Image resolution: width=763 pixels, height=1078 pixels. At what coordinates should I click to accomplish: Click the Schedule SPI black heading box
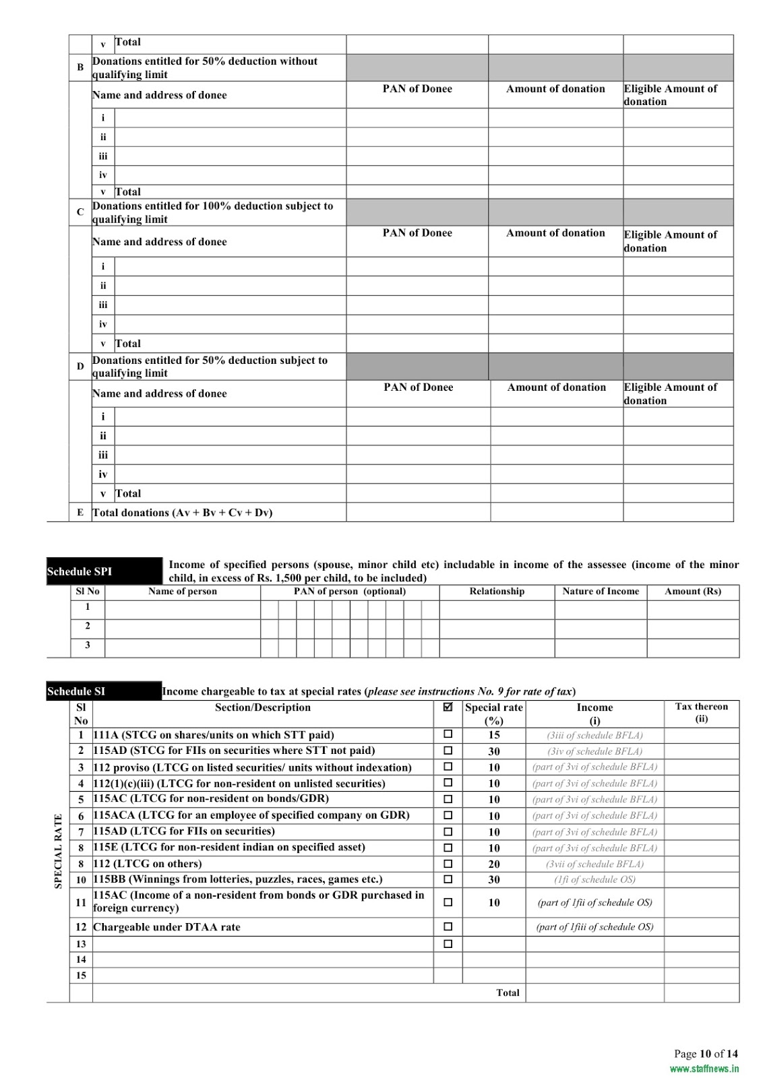point(104,571)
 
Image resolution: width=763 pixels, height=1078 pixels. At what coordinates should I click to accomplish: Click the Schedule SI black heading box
point(104,691)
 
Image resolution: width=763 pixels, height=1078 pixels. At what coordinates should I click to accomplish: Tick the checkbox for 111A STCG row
point(448,734)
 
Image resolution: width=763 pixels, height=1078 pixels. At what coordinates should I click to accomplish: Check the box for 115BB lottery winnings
point(448,879)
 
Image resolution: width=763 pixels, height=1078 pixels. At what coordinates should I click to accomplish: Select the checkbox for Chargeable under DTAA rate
point(448,926)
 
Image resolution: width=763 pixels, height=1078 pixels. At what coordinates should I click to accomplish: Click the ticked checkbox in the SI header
point(448,707)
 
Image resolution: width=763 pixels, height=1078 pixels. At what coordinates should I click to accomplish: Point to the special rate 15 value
point(494,735)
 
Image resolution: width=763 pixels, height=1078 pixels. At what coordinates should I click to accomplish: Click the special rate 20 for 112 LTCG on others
point(494,864)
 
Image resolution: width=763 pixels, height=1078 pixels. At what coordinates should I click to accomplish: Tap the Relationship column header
point(497,592)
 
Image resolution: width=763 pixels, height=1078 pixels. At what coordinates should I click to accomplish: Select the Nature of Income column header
point(601,592)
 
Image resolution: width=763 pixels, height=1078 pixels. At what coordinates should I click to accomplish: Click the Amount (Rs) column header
point(693,592)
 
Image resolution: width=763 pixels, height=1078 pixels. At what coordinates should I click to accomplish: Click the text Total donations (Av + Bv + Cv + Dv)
point(182,513)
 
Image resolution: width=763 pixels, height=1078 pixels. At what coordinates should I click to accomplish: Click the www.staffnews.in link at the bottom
point(704,1069)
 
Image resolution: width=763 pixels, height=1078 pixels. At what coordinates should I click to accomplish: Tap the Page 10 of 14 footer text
point(706,1054)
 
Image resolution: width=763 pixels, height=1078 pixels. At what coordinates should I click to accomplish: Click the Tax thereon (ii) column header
point(702,713)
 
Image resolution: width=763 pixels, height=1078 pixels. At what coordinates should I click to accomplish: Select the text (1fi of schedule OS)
point(594,879)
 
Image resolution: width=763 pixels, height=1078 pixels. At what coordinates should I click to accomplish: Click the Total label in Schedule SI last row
point(508,992)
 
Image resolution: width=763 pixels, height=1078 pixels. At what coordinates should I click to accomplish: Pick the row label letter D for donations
point(80,367)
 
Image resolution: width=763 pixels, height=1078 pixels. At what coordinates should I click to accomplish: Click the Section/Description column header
point(263,707)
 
